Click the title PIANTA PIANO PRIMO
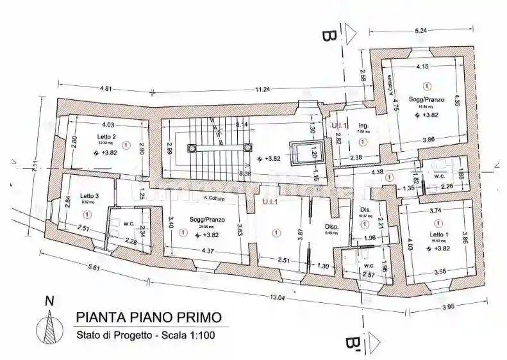pos(149,316)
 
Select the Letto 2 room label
pos(106,136)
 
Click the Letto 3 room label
pos(90,195)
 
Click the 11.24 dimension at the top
pos(262,89)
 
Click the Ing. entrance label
pos(362,124)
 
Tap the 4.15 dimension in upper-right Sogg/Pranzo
pos(422,67)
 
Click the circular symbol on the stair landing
pos(191,148)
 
